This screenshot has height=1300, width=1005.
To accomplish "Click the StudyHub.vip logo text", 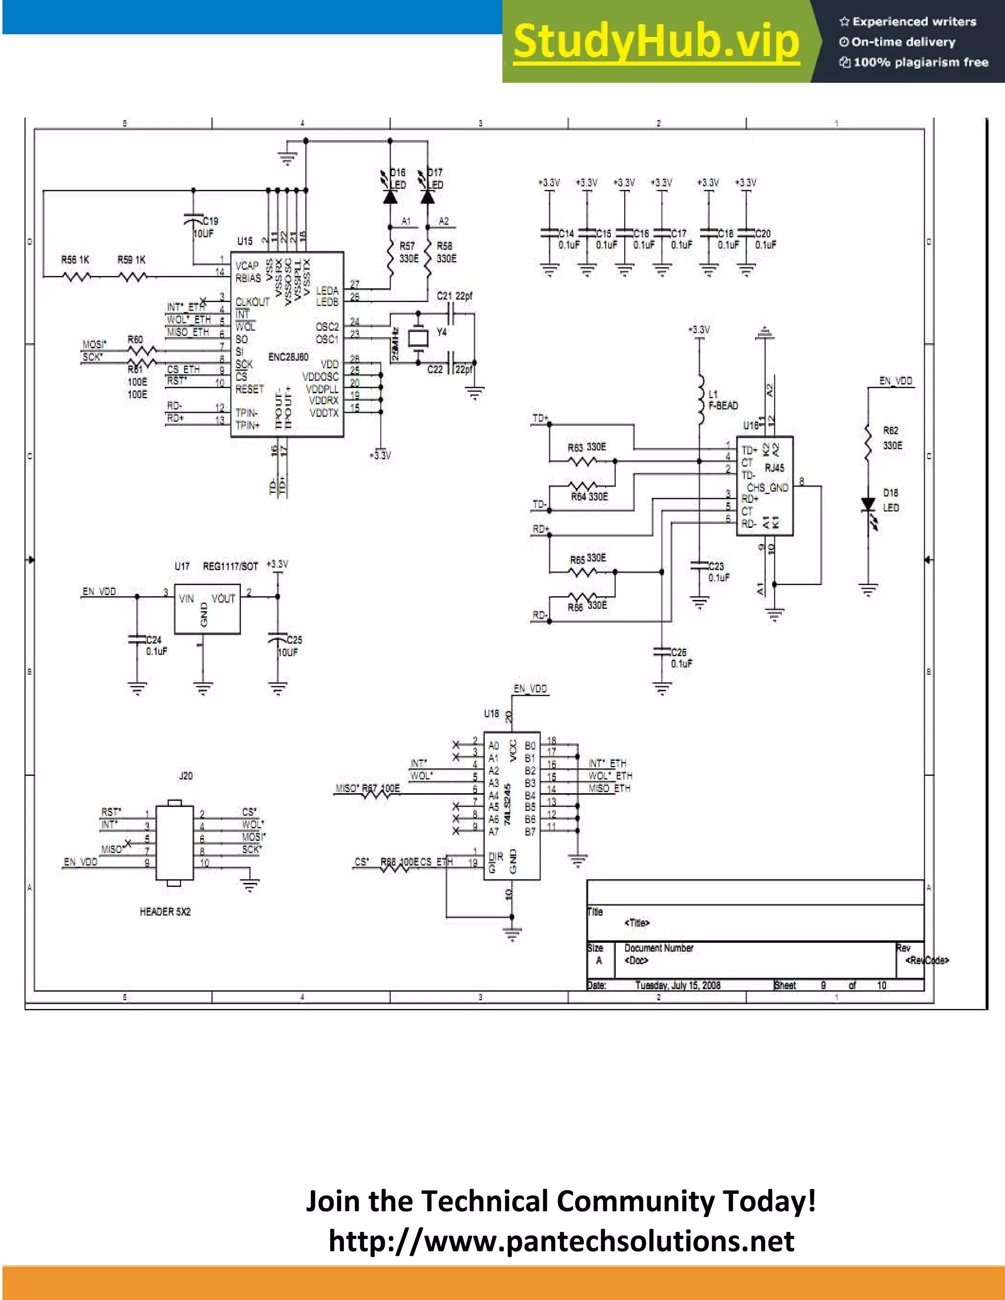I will (656, 42).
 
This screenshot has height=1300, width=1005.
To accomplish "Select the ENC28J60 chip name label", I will (288, 357).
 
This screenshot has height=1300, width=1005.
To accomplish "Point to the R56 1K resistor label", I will (75, 260).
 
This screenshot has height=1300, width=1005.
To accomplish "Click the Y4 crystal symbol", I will (418, 338).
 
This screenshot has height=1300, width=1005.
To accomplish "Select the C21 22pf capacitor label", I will (454, 296).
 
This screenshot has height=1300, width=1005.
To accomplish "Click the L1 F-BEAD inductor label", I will (723, 400).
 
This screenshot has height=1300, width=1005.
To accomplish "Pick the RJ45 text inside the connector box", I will (774, 468).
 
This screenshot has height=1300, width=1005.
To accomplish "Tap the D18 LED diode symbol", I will (869, 505).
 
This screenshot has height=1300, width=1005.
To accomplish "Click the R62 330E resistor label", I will (892, 438).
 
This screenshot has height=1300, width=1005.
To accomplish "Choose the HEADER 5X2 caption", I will (165, 911).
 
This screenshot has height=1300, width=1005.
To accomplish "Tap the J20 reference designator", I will (186, 776).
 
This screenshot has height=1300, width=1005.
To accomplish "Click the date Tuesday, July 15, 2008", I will (678, 985).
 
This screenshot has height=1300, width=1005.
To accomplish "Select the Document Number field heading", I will (659, 948).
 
